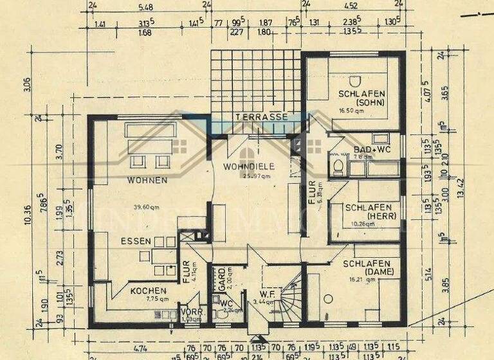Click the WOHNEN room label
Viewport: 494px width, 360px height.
147,180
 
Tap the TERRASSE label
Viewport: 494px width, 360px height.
261,118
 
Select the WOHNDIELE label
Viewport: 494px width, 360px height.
249,166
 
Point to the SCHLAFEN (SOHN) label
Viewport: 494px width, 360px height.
364,100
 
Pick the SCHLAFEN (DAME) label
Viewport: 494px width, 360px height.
367,267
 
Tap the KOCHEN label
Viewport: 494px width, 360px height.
149,291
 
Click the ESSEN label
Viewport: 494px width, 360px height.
134,241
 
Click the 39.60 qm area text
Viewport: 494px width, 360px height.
147,207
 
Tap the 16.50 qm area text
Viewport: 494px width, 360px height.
351,111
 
